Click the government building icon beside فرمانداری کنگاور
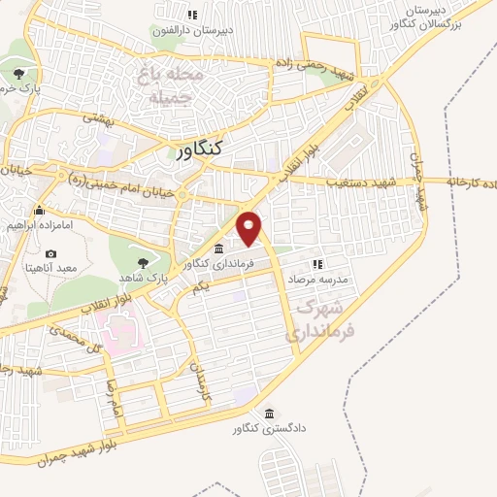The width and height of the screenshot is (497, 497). (218, 248)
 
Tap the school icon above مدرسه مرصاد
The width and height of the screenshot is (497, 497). (316, 263)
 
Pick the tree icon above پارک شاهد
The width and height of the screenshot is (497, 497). (144, 262)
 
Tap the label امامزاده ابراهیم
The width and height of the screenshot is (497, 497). (40, 224)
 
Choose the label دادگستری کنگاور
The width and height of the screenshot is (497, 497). (267, 428)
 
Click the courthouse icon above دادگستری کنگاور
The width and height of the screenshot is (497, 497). (269, 413)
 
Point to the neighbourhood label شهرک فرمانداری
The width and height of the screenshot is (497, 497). (321, 319)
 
